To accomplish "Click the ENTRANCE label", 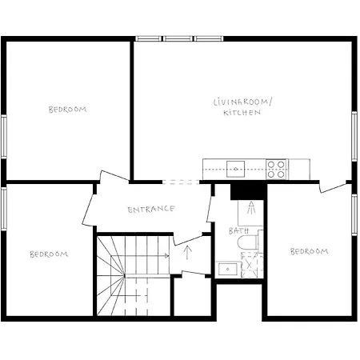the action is pyautogui.click(x=151, y=209).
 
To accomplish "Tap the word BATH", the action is pyautogui.click(x=239, y=230).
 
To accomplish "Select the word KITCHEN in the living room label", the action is pyautogui.click(x=242, y=113).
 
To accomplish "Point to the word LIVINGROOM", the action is pyautogui.click(x=242, y=102).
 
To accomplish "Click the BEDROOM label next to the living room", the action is pyautogui.click(x=68, y=110).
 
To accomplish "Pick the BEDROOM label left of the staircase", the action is pyautogui.click(x=49, y=254).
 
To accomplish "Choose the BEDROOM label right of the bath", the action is pyautogui.click(x=310, y=251).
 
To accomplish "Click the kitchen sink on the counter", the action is pyautogui.click(x=235, y=169).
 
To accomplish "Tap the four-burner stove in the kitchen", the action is pyautogui.click(x=276, y=169).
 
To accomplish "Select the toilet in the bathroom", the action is pyautogui.click(x=247, y=242).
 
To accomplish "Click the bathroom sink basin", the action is pyautogui.click(x=227, y=269).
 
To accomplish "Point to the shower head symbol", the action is pyautogui.click(x=251, y=208).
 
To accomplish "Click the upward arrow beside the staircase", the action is pyautogui.click(x=188, y=253).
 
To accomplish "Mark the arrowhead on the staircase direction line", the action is pyautogui.click(x=167, y=256).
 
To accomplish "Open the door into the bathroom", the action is pyautogui.click(x=210, y=209).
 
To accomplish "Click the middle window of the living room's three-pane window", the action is pyautogui.click(x=178, y=38).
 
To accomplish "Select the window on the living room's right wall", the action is pyautogui.click(x=354, y=136).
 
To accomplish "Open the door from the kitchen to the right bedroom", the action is pyautogui.click(x=333, y=187).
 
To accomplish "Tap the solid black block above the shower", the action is pyautogui.click(x=248, y=192).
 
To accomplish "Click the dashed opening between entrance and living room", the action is pyautogui.click(x=181, y=182).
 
